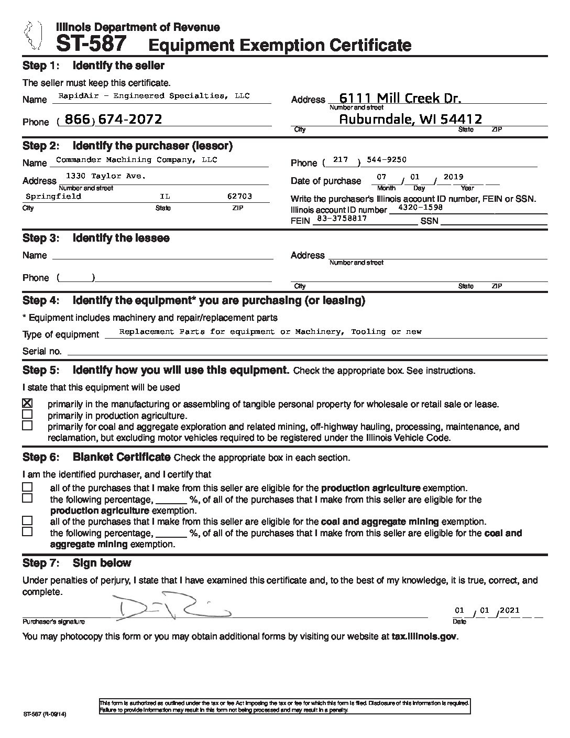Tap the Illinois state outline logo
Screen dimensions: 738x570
[x=31, y=35]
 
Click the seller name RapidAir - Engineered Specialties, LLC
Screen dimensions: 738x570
[x=155, y=96]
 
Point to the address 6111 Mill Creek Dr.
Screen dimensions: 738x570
[x=400, y=97]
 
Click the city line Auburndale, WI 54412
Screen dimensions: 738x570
[x=410, y=120]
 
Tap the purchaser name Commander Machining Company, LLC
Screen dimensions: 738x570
[x=136, y=159]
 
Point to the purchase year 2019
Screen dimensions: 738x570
[x=453, y=177]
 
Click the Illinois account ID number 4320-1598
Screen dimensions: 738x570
[x=420, y=207]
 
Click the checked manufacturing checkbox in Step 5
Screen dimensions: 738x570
[x=27, y=403]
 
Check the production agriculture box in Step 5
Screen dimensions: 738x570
[x=27, y=415]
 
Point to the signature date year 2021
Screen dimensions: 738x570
[x=509, y=610]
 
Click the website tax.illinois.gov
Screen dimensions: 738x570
[x=424, y=636]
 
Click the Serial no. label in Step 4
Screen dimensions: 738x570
[x=42, y=351]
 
